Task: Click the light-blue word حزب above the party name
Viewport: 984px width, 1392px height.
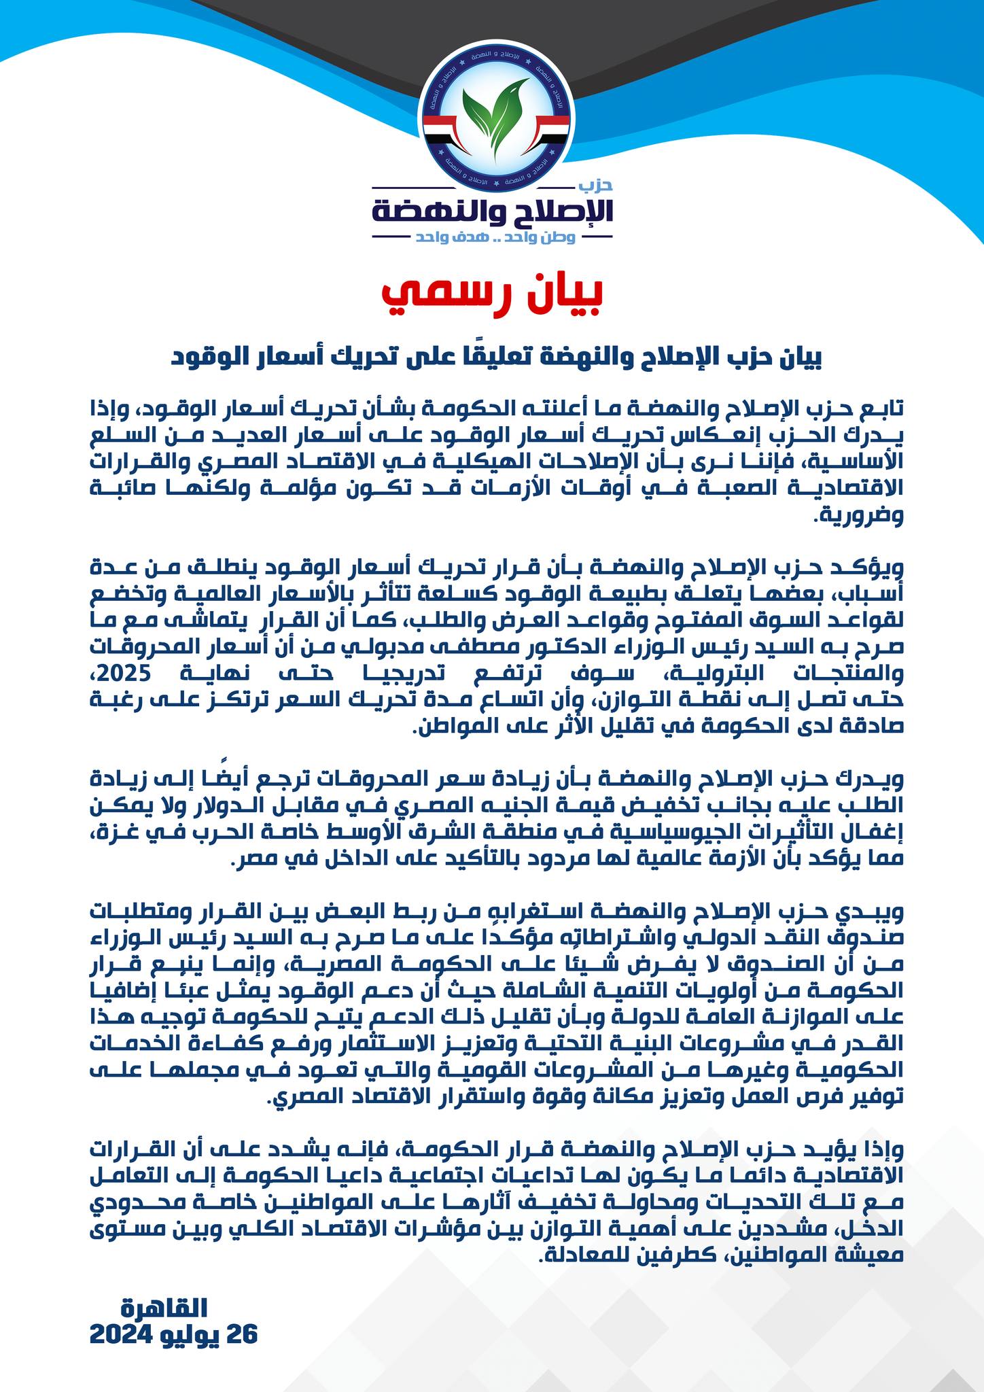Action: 599,185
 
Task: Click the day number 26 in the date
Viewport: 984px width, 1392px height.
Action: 242,1334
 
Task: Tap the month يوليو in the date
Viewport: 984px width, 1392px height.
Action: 191,1334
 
